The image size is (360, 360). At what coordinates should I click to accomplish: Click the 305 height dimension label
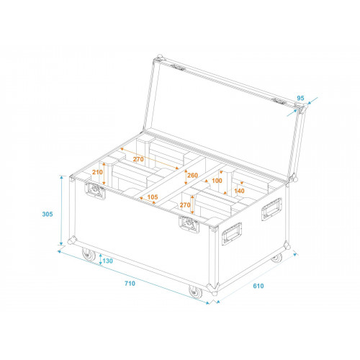tap(48, 214)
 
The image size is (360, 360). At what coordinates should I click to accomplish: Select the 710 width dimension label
tap(130, 283)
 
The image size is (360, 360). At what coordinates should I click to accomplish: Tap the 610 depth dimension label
tap(258, 286)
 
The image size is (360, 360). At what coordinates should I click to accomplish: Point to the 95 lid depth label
tap(300, 98)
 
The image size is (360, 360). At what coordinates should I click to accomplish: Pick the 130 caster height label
tap(107, 261)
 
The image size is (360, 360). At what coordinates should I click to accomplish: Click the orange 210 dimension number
tap(97, 172)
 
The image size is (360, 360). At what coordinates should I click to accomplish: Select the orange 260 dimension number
tap(192, 176)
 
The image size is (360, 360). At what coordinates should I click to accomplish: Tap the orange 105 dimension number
tap(153, 197)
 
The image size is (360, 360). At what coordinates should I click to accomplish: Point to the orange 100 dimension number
tap(217, 181)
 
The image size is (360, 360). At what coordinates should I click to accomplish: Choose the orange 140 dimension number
tap(239, 191)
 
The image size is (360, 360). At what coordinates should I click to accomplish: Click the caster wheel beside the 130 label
tap(89, 254)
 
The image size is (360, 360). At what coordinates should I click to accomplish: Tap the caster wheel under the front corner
tap(195, 292)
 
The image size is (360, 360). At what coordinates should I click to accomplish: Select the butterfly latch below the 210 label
tap(95, 191)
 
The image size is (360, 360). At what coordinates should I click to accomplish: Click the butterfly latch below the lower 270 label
tap(189, 225)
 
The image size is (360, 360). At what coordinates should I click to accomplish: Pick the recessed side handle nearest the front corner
tap(232, 234)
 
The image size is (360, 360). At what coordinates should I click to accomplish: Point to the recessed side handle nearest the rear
tap(271, 209)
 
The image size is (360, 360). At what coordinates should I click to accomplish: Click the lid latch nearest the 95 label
tap(279, 102)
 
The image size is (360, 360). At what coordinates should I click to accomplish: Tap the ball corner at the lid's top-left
tap(159, 58)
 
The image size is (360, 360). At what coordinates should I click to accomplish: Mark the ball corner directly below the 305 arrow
tap(72, 240)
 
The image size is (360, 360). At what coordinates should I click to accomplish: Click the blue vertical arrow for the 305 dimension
tap(61, 210)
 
